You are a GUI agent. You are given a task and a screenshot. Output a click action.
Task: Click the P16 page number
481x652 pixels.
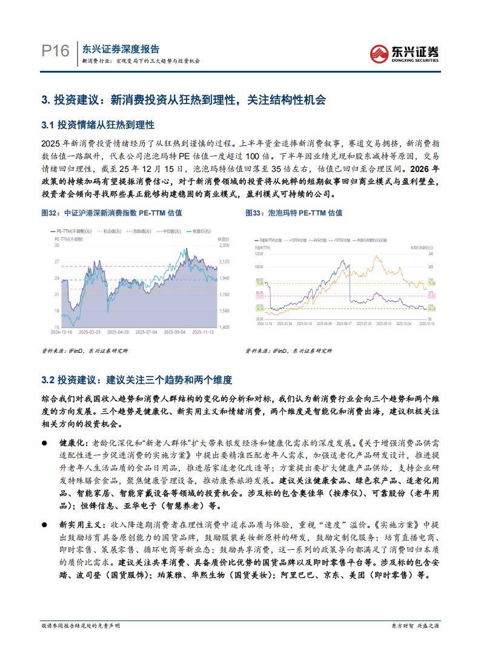pyautogui.click(x=55, y=51)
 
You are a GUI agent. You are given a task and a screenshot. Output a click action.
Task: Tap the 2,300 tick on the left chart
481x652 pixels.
pyautogui.click(x=225, y=246)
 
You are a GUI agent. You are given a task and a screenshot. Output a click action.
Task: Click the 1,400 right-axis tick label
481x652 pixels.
pyautogui.click(x=225, y=327)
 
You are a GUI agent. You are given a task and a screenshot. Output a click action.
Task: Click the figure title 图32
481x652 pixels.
pyautogui.click(x=48, y=213)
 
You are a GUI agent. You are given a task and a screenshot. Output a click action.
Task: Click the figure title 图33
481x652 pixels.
pyautogui.click(x=253, y=213)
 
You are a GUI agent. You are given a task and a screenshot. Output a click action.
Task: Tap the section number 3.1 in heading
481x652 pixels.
pyautogui.click(x=48, y=125)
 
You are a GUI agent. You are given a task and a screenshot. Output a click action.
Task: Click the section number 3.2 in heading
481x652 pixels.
pyautogui.click(x=48, y=380)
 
